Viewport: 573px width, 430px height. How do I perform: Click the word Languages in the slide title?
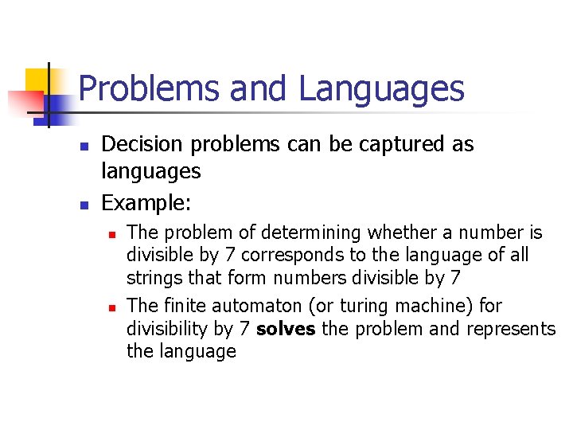tap(382, 88)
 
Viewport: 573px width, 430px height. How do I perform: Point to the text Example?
tap(146, 203)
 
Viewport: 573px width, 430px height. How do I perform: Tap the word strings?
tap(151, 278)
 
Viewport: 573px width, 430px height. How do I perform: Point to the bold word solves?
tap(286, 329)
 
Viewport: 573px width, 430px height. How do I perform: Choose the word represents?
tap(510, 329)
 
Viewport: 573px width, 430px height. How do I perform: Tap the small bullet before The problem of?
tap(113, 234)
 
